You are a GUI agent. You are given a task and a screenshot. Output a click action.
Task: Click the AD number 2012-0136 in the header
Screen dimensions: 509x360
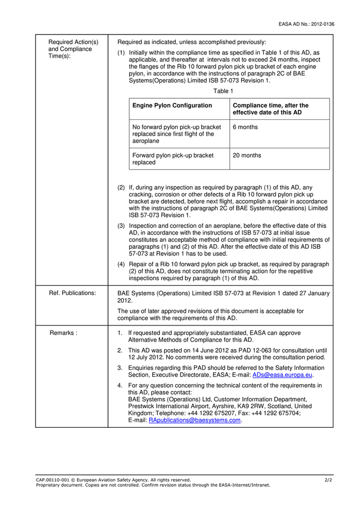point(321,24)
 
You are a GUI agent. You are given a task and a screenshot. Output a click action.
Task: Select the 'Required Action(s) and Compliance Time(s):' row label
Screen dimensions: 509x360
point(69,49)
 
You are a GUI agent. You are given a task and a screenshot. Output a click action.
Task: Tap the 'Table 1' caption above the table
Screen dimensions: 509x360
point(223,91)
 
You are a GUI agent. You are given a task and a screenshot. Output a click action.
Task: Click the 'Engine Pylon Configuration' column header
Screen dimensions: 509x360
point(172,105)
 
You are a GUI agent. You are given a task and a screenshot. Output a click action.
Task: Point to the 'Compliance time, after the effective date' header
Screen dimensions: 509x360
point(271,109)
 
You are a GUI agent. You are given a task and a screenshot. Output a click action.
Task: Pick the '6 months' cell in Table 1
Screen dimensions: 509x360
point(245,127)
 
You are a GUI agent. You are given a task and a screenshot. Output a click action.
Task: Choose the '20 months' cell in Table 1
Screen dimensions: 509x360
point(247,155)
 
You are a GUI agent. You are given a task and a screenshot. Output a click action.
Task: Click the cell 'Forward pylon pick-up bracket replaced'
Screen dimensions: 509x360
point(173,159)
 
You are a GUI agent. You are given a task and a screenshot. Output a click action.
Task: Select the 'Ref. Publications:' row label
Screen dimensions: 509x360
point(73,293)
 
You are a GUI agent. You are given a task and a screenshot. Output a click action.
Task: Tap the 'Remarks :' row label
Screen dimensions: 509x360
point(64,333)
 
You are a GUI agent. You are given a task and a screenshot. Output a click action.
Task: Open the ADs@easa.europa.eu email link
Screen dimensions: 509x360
point(282,375)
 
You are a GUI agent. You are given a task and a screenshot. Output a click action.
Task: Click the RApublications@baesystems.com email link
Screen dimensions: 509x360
point(194,420)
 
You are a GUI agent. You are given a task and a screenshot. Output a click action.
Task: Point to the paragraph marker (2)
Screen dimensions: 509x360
point(121,188)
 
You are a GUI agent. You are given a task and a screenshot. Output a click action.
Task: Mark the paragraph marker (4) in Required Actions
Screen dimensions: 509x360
point(121,264)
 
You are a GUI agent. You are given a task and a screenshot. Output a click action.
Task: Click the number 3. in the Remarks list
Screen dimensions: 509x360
point(120,368)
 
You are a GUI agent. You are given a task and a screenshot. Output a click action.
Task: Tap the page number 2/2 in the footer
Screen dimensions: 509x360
point(328,480)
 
